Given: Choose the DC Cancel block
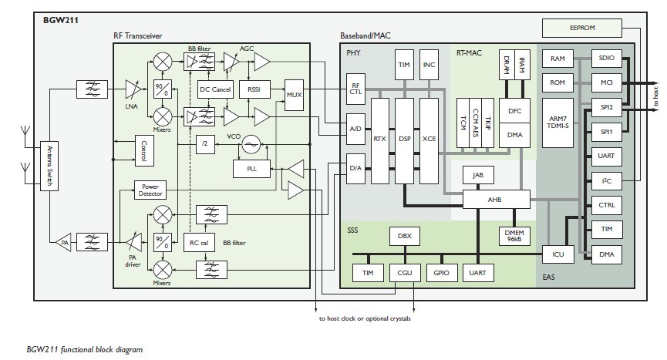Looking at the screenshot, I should pyautogui.click(x=215, y=89).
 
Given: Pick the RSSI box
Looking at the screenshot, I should pyautogui.click(x=254, y=89).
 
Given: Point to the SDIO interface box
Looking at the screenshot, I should pyautogui.click(x=605, y=58).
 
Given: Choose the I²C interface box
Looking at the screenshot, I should pyautogui.click(x=605, y=181).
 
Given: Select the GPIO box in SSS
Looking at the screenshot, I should pyautogui.click(x=440, y=271).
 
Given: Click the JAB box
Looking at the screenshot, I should pyautogui.click(x=478, y=175).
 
